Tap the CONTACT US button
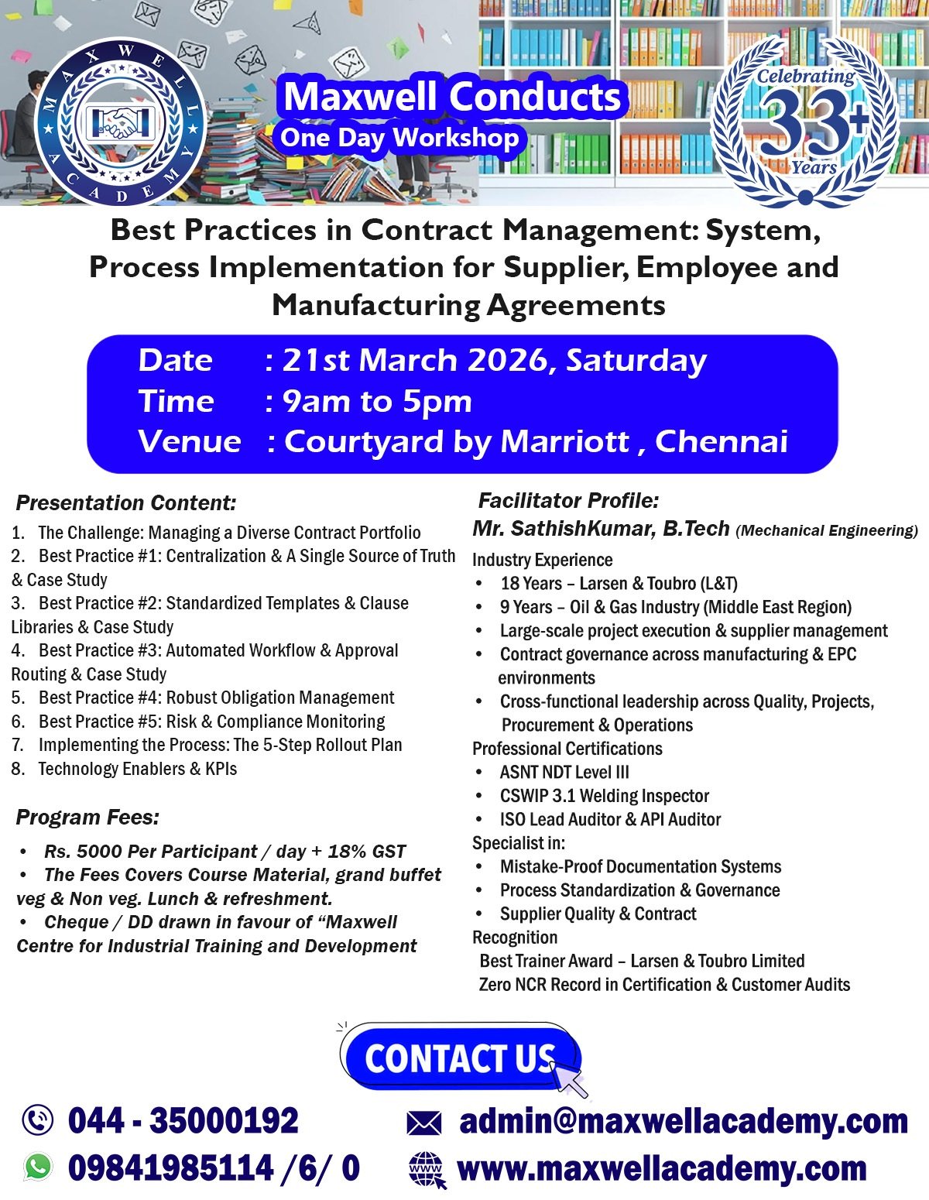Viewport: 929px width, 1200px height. point(460,1058)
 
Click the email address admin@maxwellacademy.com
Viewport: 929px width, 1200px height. point(683,1120)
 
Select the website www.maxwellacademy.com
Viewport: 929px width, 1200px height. point(662,1168)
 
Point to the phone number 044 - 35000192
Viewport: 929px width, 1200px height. point(183,1120)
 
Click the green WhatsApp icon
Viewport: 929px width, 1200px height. point(38,1167)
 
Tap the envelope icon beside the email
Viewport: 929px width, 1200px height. point(423,1123)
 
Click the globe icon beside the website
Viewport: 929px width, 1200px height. point(427,1169)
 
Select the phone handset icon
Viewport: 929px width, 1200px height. point(38,1120)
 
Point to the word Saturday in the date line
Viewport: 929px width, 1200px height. point(636,361)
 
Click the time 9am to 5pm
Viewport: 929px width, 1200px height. point(377,401)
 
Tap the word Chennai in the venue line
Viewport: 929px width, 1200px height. point(721,441)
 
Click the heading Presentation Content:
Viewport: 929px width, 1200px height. point(126,503)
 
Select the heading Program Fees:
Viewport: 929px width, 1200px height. point(87,818)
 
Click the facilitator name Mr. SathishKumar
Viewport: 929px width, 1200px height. point(563,529)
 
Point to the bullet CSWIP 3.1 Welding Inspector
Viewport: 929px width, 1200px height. point(604,796)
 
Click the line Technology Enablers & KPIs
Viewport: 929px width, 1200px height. point(137,769)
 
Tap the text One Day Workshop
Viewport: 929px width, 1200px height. point(399,138)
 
